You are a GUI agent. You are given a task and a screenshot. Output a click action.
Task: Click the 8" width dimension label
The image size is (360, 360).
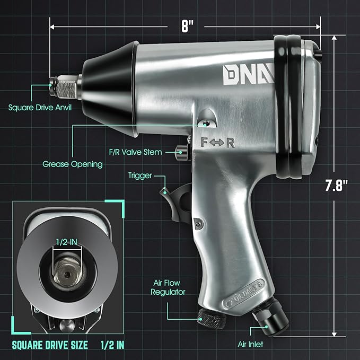click(x=186, y=26)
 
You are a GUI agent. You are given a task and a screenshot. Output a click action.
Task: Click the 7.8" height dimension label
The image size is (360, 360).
click(x=337, y=186)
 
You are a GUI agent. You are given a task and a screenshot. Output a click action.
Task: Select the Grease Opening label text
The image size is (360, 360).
click(x=73, y=164)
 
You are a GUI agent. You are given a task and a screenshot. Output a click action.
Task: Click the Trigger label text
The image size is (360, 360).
click(x=141, y=175)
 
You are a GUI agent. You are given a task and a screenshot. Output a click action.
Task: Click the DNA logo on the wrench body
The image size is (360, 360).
click(x=242, y=76)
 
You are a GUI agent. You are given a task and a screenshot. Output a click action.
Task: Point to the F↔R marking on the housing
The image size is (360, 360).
click(x=215, y=142)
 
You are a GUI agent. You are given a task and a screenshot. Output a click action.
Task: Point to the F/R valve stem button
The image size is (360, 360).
click(x=183, y=152)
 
